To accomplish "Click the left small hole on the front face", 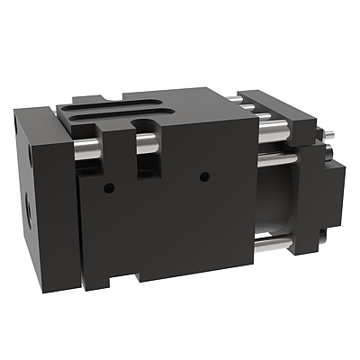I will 108,187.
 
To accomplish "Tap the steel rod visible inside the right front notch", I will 146,141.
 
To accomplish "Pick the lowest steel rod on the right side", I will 270,242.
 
